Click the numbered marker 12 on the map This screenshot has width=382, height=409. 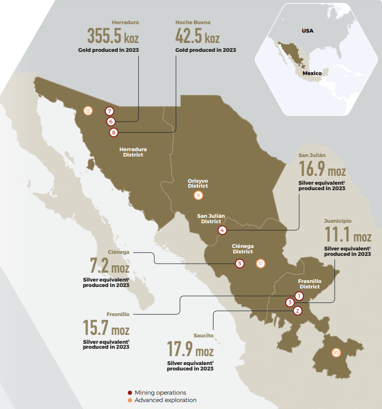coord(88,111)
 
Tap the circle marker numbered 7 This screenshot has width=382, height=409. coord(110,111)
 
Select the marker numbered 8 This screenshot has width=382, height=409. coord(114,132)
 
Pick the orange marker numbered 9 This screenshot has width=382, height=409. coord(198,195)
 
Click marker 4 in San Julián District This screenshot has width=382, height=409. coord(222,230)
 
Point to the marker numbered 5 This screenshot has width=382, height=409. coord(240,264)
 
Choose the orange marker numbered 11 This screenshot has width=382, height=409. coord(261,263)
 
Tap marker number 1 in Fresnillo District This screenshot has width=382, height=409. coord(298,295)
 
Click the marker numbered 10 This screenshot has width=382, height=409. coord(336,353)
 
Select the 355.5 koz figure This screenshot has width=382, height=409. coord(113,36)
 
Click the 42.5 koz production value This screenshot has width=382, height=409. coord(198,36)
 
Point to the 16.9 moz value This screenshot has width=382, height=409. coord(322,170)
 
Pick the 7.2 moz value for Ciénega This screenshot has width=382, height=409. coord(110,267)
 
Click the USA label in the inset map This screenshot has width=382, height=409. coord(307,31)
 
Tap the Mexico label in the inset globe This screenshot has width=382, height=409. coord(312,73)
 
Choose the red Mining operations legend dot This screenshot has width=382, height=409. coord(130,393)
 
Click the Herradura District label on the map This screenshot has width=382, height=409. coord(133,152)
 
